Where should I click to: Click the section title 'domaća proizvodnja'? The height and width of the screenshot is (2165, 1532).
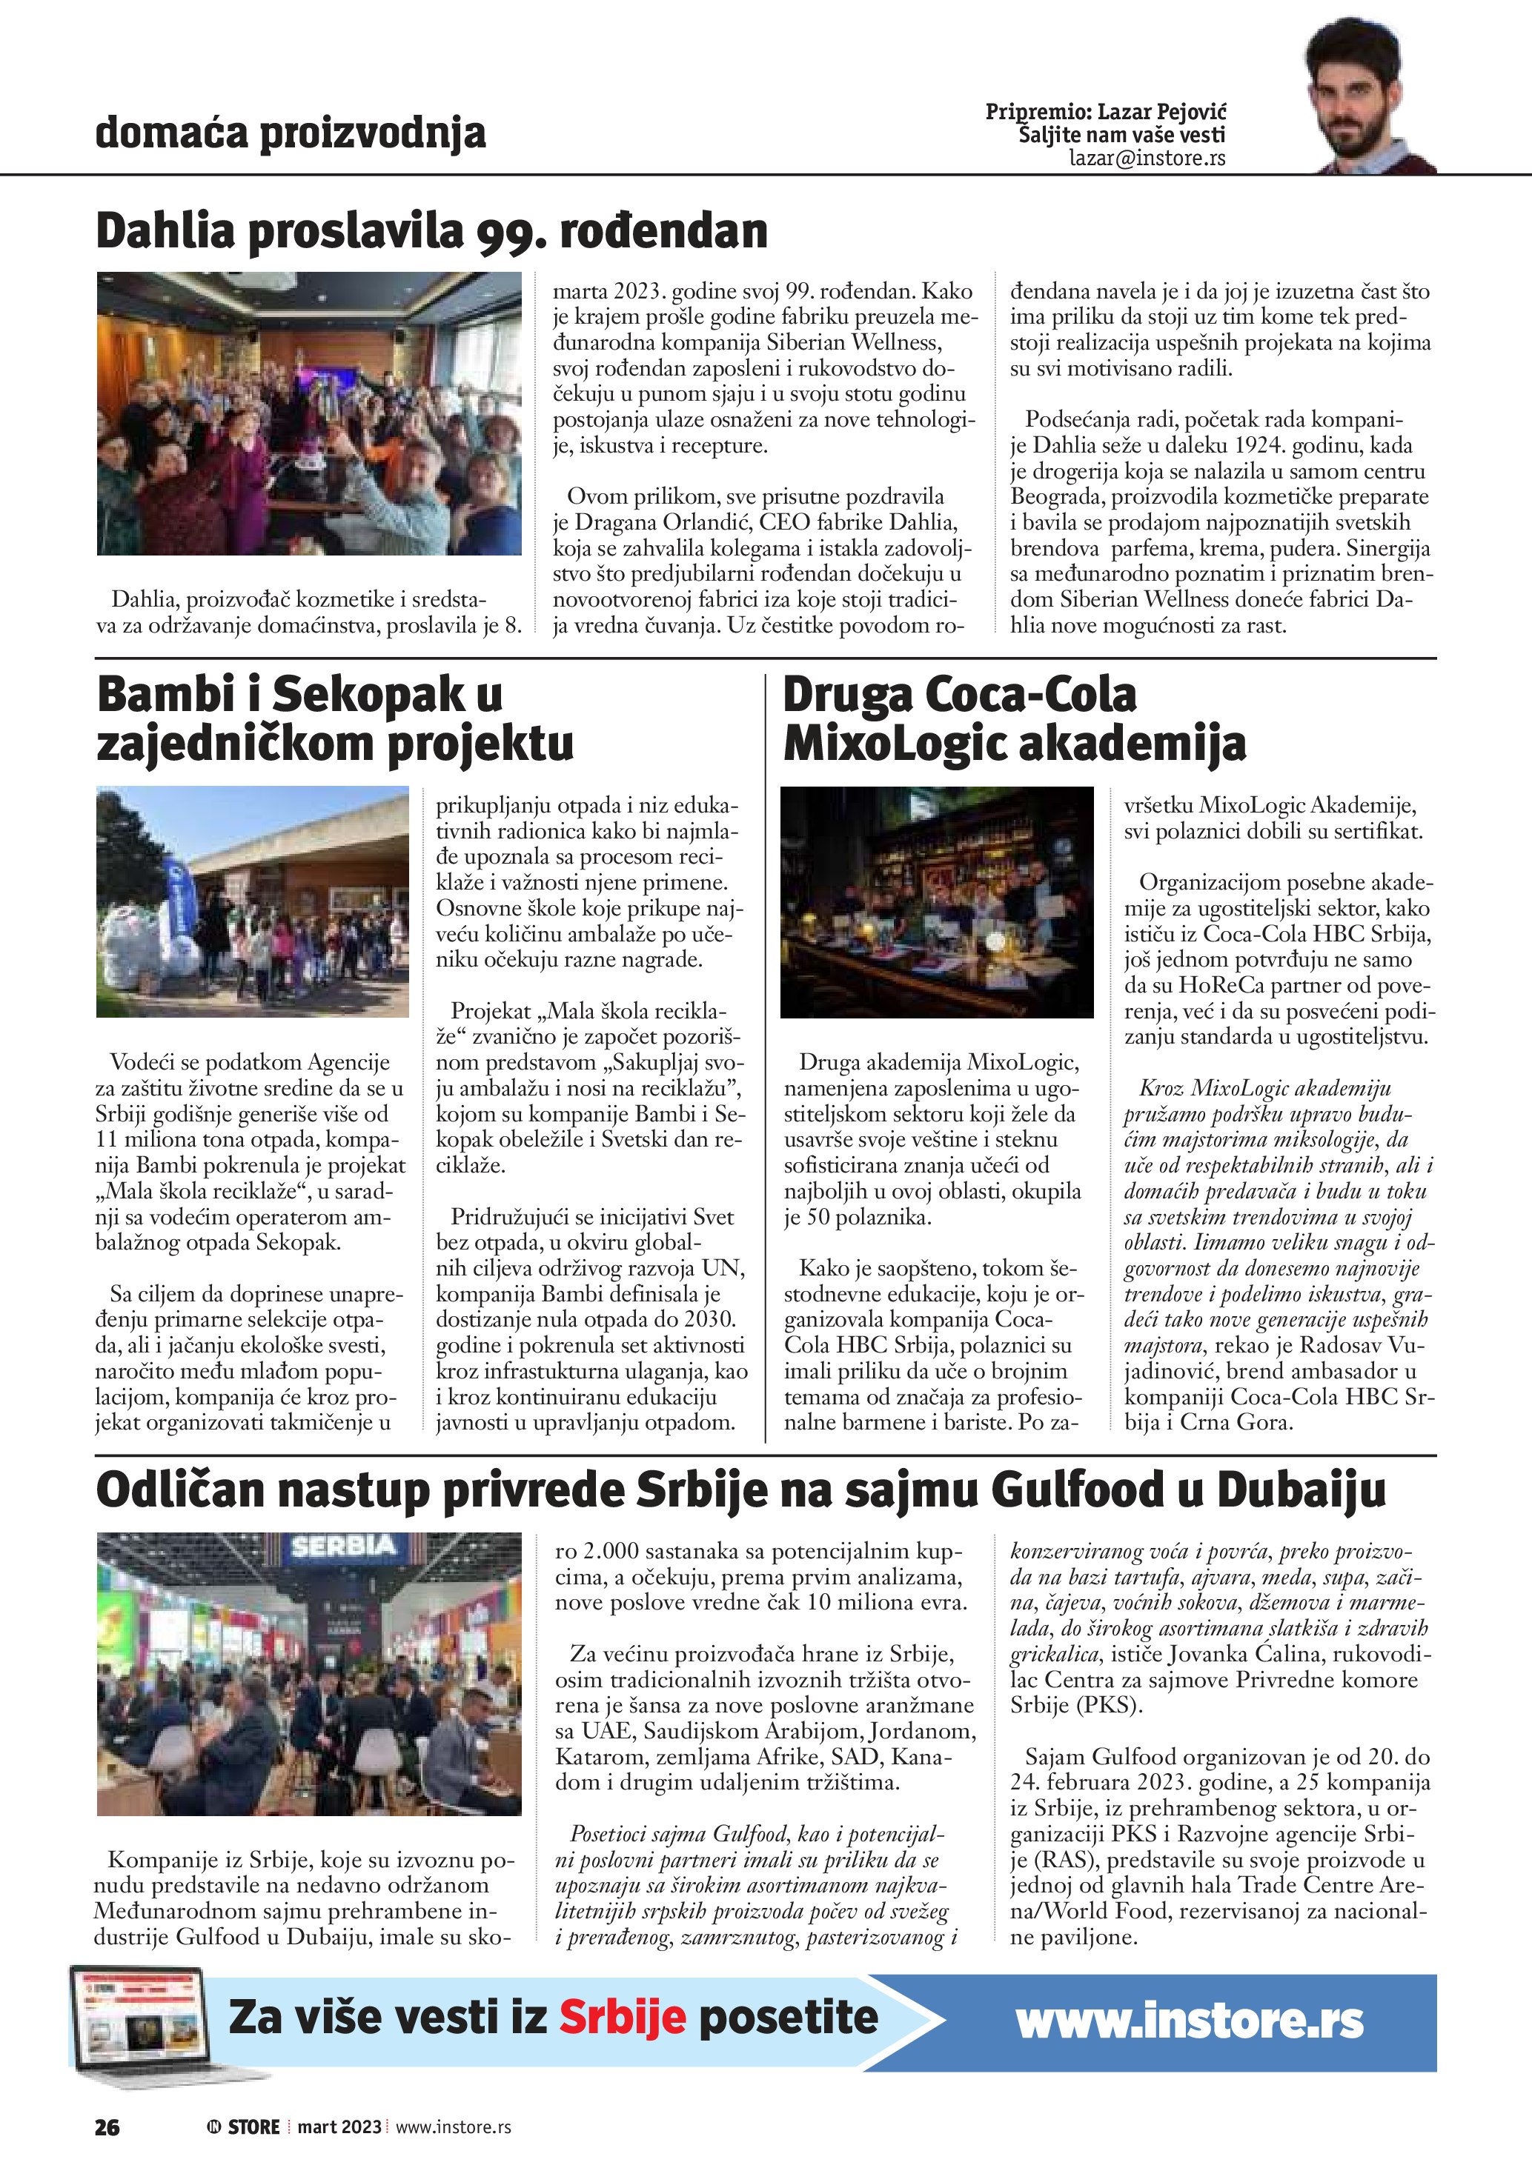[291, 133]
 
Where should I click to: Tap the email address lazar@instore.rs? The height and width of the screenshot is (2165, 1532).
[1147, 159]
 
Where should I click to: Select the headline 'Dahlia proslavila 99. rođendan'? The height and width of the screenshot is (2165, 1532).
[432, 231]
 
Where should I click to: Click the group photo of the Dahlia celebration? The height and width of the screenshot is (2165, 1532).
[308, 413]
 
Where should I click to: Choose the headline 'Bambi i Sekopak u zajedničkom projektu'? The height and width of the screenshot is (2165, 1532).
[335, 718]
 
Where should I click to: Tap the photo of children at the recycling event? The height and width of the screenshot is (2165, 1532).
[252, 901]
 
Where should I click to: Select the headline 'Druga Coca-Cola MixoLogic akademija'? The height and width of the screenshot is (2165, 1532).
[1014, 718]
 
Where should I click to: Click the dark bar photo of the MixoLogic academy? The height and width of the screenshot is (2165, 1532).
[937, 901]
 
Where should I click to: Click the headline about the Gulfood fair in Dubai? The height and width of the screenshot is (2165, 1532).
[740, 1490]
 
